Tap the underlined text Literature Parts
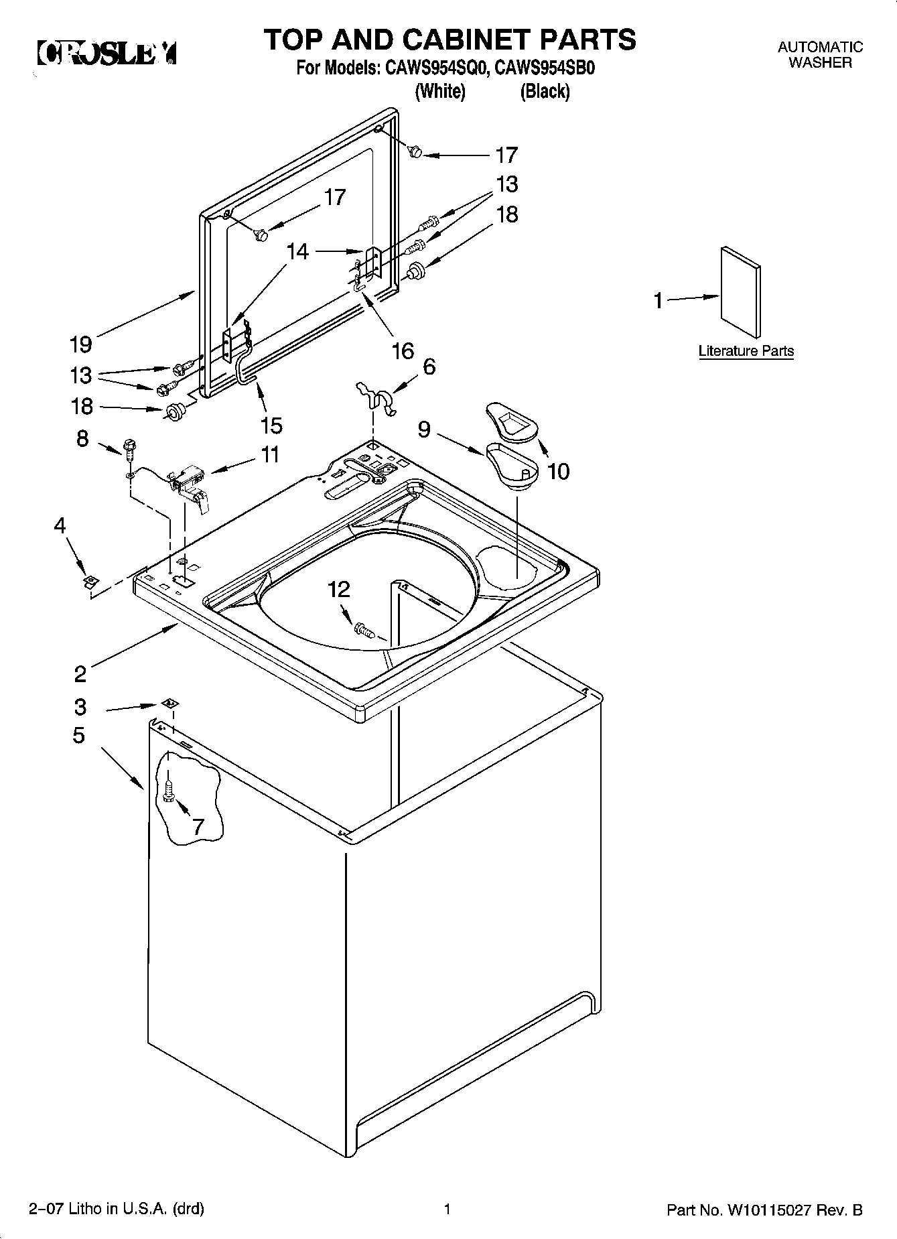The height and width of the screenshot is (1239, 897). [x=746, y=351]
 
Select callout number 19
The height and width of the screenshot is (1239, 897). [x=81, y=344]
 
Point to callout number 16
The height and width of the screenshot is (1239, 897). [x=403, y=350]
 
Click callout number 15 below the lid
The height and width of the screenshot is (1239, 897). [x=272, y=425]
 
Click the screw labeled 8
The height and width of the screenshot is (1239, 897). [x=129, y=446]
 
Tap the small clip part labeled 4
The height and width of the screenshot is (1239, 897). [x=88, y=580]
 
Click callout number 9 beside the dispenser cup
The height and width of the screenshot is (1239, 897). [x=424, y=429]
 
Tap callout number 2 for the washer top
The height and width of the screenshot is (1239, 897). [x=80, y=673]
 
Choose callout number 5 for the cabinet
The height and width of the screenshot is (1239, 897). [x=79, y=735]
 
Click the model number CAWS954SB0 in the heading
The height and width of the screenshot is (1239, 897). [x=545, y=69]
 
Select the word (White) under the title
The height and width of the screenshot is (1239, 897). [x=440, y=92]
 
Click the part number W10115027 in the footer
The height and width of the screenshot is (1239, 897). [x=768, y=1210]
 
